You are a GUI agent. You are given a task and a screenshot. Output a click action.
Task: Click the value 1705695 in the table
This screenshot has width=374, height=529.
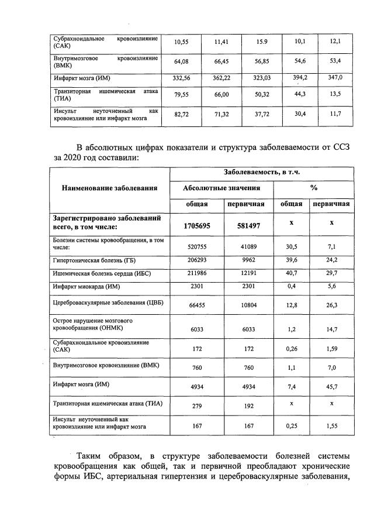point(197,225)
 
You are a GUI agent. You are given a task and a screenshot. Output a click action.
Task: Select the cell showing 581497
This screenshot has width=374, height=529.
point(245,225)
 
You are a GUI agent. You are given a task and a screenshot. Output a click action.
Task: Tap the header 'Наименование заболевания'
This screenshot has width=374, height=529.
point(109,188)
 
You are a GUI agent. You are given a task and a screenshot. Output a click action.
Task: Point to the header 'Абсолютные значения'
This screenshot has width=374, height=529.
point(221,188)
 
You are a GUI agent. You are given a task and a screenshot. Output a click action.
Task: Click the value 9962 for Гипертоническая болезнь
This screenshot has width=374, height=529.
point(245,259)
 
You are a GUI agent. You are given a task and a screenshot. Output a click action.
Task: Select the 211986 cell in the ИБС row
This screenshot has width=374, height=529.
point(197,273)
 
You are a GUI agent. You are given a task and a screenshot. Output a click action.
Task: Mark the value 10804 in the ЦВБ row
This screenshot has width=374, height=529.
point(245,304)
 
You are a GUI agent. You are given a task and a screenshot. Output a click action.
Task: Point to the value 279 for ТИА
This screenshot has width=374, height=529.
point(197,405)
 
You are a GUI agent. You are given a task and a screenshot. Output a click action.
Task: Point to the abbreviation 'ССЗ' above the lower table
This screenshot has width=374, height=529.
point(340,146)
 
